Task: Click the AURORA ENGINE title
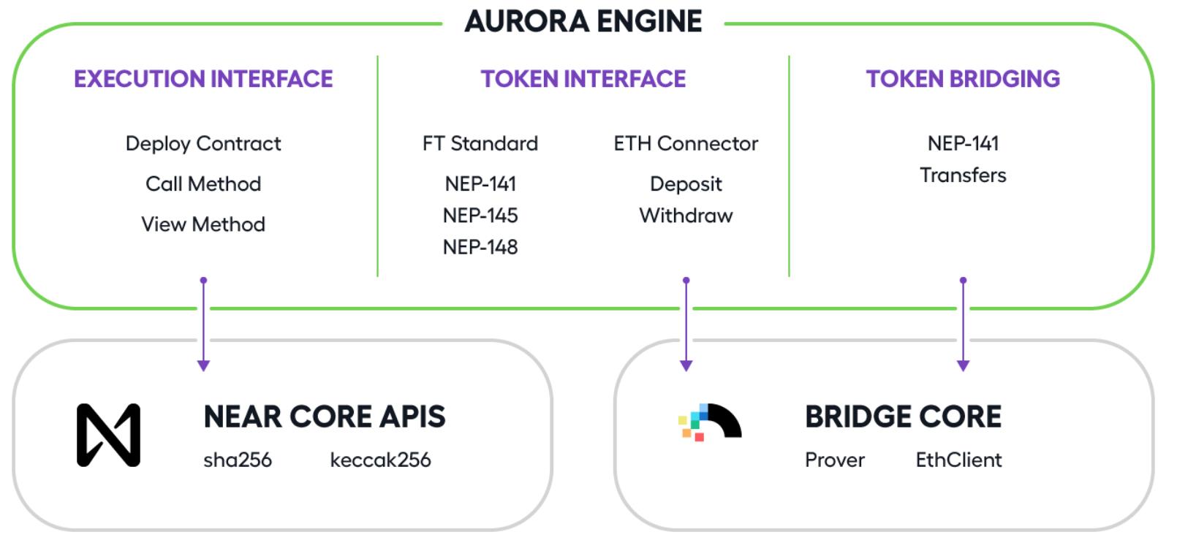[x=583, y=21]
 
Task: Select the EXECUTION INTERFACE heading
[x=203, y=80]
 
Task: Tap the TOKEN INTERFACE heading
[x=583, y=80]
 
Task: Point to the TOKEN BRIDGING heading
[x=963, y=80]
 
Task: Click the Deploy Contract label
[x=203, y=144]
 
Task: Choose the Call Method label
[x=203, y=184]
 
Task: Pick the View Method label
[x=203, y=224]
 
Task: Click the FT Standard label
[x=480, y=143]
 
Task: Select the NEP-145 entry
[x=480, y=216]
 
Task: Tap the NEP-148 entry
[x=480, y=247]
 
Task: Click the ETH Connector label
[x=686, y=143]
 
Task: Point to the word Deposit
[x=686, y=184]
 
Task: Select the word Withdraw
[x=686, y=216]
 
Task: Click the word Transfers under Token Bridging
[x=963, y=175]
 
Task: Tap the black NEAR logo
[x=109, y=435]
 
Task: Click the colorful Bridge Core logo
[x=710, y=422]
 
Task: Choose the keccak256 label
[x=380, y=460]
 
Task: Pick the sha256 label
[x=238, y=460]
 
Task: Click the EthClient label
[x=959, y=460]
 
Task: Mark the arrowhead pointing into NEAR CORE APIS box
[x=204, y=365]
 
